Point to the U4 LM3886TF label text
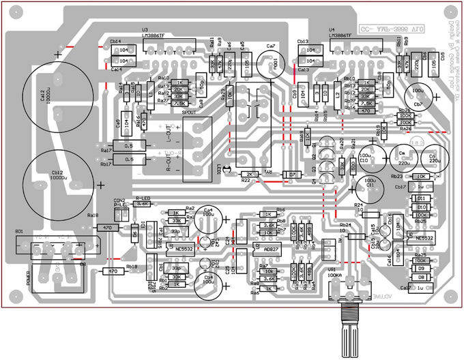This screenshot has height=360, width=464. pos(341,35)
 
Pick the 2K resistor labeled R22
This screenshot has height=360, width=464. pos(250,175)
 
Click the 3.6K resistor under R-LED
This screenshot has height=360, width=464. pos(142,203)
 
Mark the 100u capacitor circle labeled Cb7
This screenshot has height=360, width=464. pos(419,95)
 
